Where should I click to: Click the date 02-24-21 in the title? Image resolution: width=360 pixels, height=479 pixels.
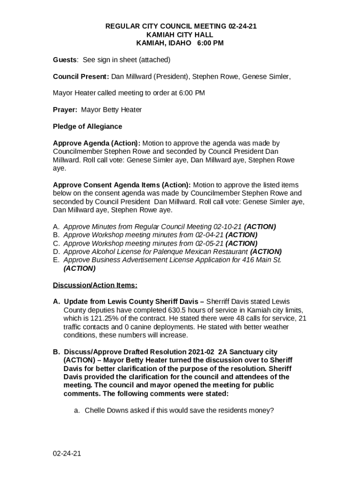click(243, 26)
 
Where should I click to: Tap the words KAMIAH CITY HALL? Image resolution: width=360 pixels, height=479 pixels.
click(180, 35)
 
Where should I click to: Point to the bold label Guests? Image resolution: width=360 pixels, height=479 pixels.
click(65, 60)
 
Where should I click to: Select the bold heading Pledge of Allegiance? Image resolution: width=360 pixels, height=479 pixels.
click(87, 126)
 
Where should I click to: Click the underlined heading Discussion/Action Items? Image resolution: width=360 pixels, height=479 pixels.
click(95, 285)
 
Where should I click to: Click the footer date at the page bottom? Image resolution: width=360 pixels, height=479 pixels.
click(67, 453)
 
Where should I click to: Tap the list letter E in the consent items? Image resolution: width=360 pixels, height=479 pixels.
click(56, 260)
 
